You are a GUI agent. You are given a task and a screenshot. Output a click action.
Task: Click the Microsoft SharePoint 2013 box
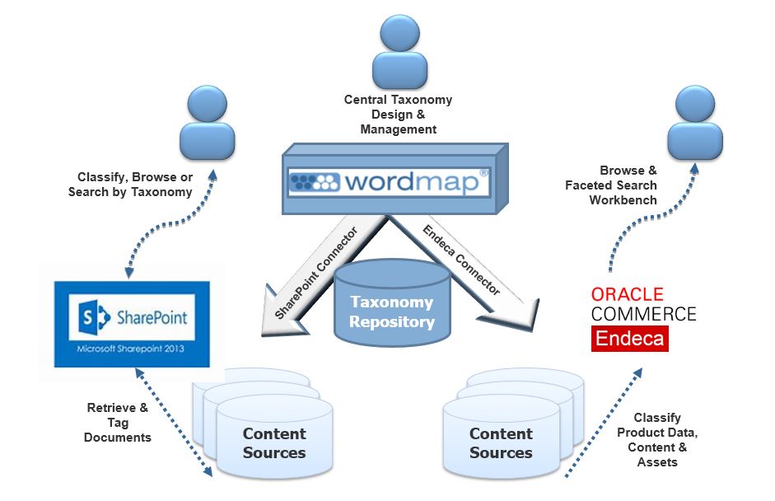click(132, 324)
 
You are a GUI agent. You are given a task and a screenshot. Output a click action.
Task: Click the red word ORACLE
click(627, 295)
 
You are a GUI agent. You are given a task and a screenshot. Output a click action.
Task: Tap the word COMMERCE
click(643, 314)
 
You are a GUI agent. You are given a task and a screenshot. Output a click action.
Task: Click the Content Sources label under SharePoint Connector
click(274, 442)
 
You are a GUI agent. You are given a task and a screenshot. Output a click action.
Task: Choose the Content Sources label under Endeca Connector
click(501, 442)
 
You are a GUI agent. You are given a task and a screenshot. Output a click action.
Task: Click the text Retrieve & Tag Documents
click(118, 422)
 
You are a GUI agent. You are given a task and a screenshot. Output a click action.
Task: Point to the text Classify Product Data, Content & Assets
click(658, 440)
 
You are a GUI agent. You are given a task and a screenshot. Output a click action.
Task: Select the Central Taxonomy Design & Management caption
click(398, 115)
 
